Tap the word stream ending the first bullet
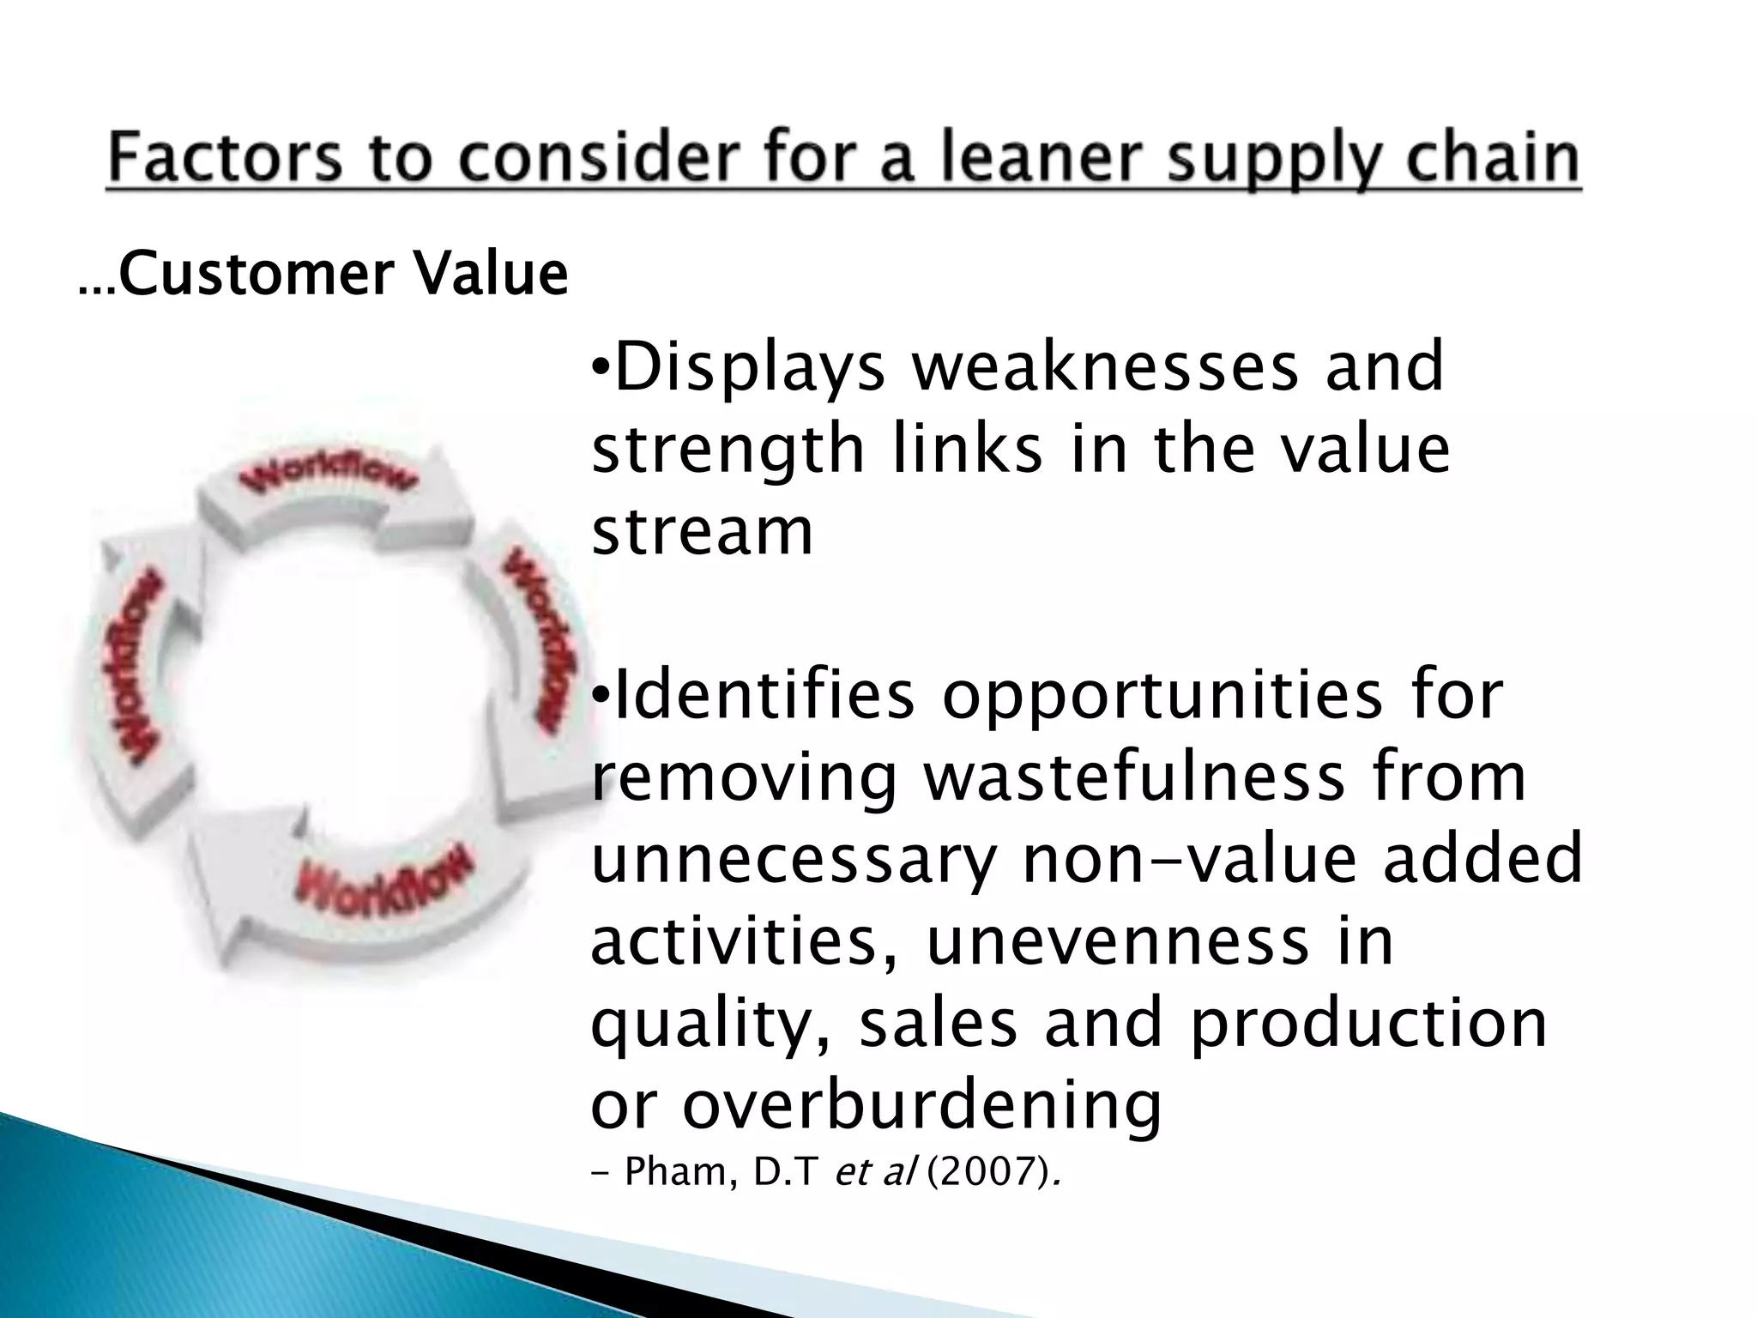[x=702, y=531]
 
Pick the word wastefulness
[x=1134, y=777]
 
